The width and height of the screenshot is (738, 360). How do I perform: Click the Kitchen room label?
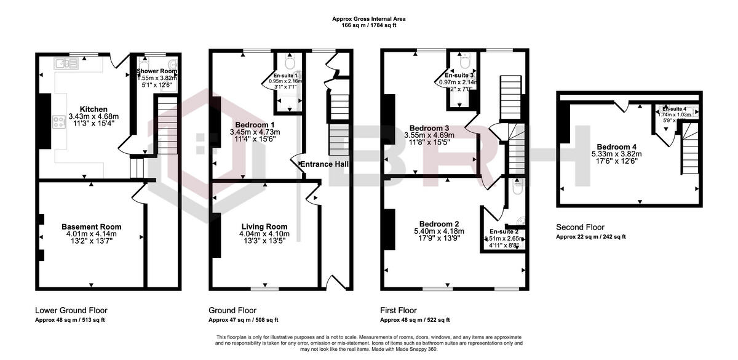click(x=93, y=109)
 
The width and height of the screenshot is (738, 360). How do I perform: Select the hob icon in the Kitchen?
click(x=60, y=122)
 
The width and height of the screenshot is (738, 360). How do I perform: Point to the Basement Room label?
click(x=92, y=226)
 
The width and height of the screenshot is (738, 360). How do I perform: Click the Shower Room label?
click(x=156, y=71)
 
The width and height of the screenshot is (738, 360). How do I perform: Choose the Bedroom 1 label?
click(x=254, y=125)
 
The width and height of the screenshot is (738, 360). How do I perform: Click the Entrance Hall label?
click(x=324, y=164)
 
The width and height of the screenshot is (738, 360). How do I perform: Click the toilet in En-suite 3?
click(x=465, y=62)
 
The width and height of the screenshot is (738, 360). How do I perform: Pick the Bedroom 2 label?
click(x=439, y=223)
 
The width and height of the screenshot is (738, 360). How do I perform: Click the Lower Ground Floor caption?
click(x=71, y=310)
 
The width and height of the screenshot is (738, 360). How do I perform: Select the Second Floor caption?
click(x=580, y=226)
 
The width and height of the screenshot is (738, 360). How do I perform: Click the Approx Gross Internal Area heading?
click(x=369, y=19)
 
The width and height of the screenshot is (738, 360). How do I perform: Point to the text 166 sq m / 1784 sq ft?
click(x=369, y=26)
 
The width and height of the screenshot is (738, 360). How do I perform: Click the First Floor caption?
click(x=398, y=310)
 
